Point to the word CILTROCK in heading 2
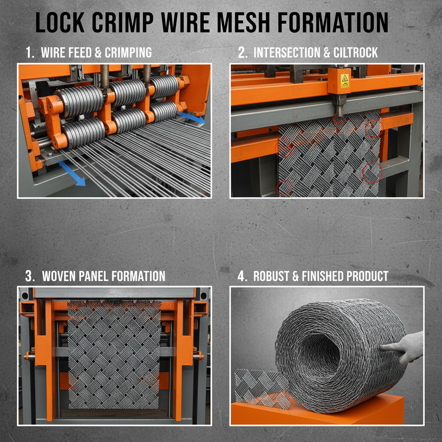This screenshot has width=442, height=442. (355, 53)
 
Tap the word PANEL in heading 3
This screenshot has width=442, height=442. (103, 276)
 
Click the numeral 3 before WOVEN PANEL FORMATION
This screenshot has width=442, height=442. (28, 276)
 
